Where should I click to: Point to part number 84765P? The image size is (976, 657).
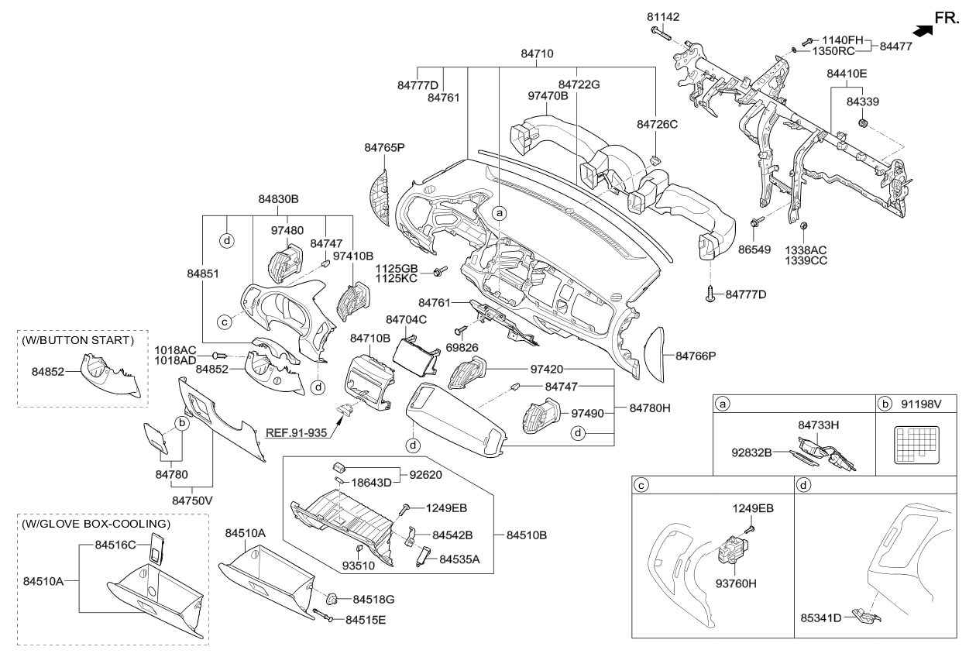(x=385, y=146)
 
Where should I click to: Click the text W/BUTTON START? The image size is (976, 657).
(x=78, y=340)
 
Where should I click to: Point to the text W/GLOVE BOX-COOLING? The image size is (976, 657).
(x=95, y=524)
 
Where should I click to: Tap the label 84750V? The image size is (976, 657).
(x=194, y=500)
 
